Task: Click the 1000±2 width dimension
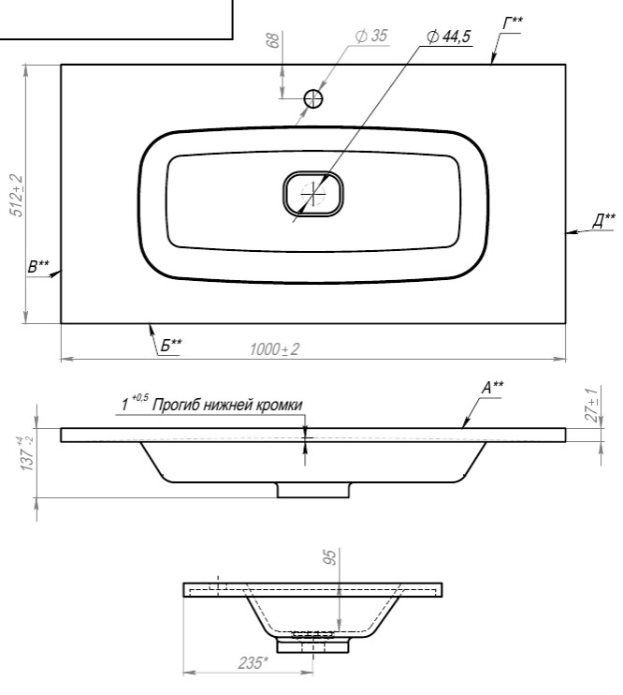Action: coord(275,349)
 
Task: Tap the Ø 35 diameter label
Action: coord(372,37)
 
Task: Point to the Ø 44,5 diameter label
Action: coord(448,37)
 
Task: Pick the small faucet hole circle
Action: coord(314,98)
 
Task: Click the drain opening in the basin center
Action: coord(313,194)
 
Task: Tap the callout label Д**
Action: coord(603,219)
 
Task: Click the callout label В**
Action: coord(38,266)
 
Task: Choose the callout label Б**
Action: coord(170,345)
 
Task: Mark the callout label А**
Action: coord(492,386)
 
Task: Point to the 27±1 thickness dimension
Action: coord(590,405)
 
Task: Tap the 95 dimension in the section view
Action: coord(329,559)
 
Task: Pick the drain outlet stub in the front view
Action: coord(313,490)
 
